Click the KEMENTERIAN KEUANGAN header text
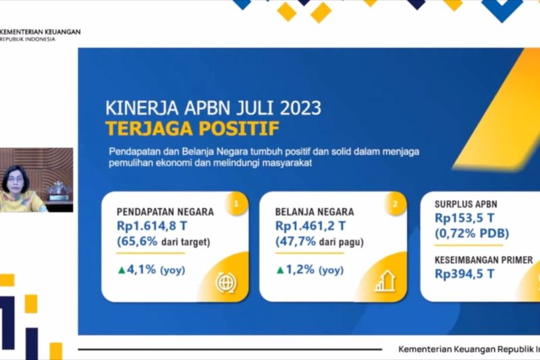40,32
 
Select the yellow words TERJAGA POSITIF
192,128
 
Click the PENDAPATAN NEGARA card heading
165,211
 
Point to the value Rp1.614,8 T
152,226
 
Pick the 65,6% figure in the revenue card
138,241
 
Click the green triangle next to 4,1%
122,270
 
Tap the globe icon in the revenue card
226,282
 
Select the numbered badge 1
236,204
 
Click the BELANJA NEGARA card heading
315,211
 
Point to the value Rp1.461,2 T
310,226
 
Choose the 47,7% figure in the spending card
296,241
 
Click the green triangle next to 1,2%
280,270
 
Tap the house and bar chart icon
385,281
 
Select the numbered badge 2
395,204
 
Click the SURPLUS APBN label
466,204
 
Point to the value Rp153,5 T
464,218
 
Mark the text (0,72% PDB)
472,234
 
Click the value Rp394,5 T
464,274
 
